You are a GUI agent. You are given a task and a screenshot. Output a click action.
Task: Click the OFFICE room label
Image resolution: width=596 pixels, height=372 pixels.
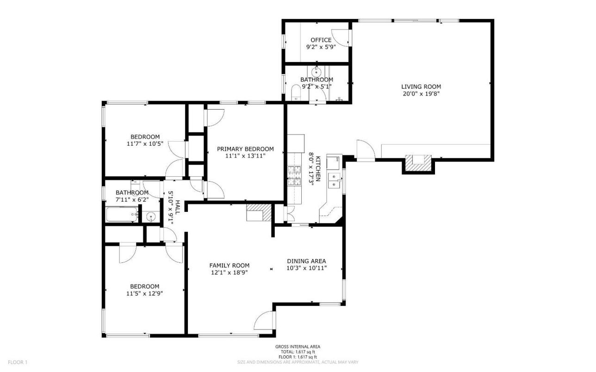321,40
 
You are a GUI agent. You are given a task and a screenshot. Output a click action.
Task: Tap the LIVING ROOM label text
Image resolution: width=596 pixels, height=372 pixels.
421,87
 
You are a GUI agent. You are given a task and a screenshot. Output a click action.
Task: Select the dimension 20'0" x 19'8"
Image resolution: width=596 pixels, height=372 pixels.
421,93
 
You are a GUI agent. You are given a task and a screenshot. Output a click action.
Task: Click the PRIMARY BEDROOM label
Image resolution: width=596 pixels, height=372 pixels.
245,149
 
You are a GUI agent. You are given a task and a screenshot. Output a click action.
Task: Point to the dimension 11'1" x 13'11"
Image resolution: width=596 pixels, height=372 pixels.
245,156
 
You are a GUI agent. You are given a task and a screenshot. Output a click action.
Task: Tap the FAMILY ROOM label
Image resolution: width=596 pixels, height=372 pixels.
229,266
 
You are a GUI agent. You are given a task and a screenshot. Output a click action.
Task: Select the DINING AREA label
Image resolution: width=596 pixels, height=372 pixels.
307,261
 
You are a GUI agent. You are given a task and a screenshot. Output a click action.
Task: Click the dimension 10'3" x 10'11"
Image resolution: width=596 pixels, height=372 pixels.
307,268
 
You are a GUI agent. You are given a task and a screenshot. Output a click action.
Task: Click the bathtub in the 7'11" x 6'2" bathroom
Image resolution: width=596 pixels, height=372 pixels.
122,215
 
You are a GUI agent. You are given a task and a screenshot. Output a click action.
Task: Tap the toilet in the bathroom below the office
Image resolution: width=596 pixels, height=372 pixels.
296,94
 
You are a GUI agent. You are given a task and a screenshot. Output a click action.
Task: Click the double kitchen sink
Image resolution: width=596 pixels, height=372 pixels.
334,181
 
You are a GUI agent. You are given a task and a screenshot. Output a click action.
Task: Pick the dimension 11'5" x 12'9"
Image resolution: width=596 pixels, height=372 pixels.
145,293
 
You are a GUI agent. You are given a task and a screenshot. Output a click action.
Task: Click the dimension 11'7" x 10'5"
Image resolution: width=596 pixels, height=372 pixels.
145,144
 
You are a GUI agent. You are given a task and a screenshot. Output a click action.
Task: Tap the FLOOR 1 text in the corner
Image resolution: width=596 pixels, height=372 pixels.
18,362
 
